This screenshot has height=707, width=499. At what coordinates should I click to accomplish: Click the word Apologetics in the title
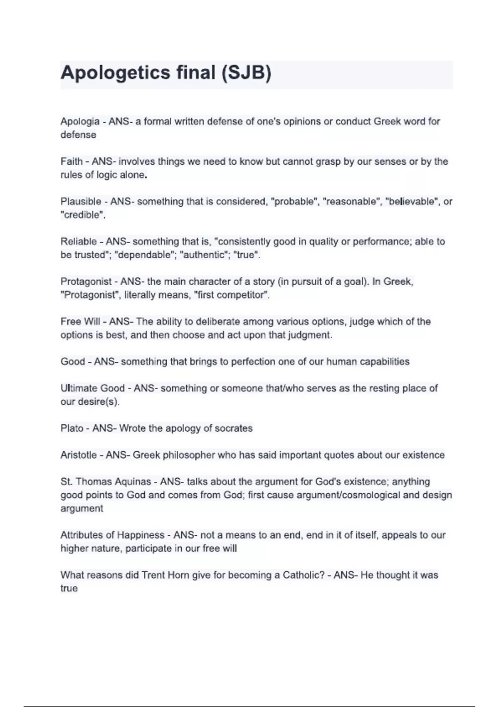click(x=115, y=73)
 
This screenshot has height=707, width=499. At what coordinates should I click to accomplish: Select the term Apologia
click(x=80, y=121)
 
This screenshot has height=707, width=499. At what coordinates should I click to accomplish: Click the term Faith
click(x=72, y=161)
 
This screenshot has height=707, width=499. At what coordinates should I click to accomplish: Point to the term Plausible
click(x=81, y=202)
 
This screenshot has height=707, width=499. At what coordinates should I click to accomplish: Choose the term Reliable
click(x=79, y=242)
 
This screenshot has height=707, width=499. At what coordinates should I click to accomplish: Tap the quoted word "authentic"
click(x=204, y=255)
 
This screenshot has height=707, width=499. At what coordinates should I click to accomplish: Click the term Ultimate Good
click(x=92, y=388)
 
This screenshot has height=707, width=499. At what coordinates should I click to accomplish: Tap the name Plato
click(x=72, y=428)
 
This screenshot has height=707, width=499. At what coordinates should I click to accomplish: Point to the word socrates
click(x=233, y=428)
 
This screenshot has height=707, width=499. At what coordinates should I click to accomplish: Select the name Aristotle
click(x=79, y=455)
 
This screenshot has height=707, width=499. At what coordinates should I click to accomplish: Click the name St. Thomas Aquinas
click(x=106, y=482)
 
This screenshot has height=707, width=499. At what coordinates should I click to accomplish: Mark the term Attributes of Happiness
click(x=112, y=535)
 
